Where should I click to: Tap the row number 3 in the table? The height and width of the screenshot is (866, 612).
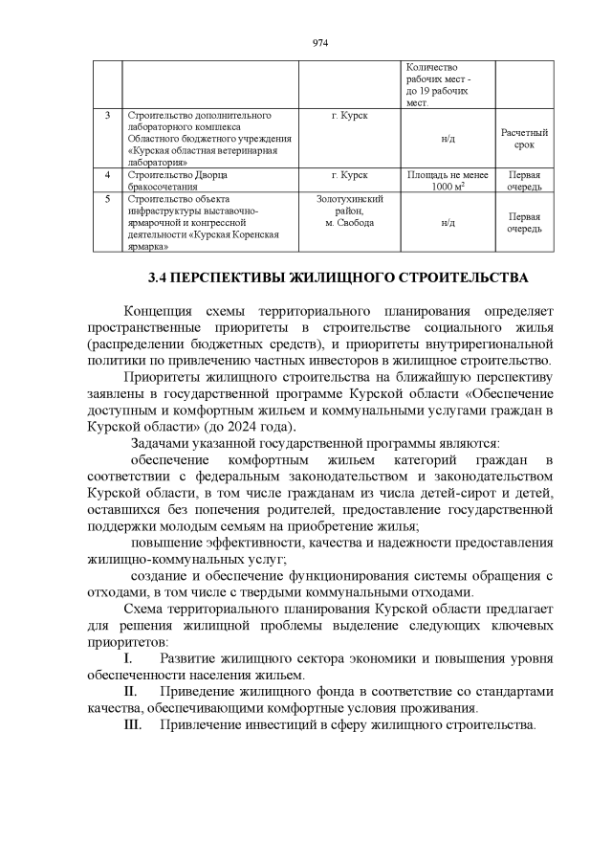coord(107,116)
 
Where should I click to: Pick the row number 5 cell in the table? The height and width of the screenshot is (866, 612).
coord(107,199)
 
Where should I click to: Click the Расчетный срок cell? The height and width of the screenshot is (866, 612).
coord(524,138)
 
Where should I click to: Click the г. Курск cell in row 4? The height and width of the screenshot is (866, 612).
coord(349,175)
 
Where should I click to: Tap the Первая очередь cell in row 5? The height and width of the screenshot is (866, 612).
coord(524,222)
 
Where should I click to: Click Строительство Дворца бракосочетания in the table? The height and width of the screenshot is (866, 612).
coord(181,181)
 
